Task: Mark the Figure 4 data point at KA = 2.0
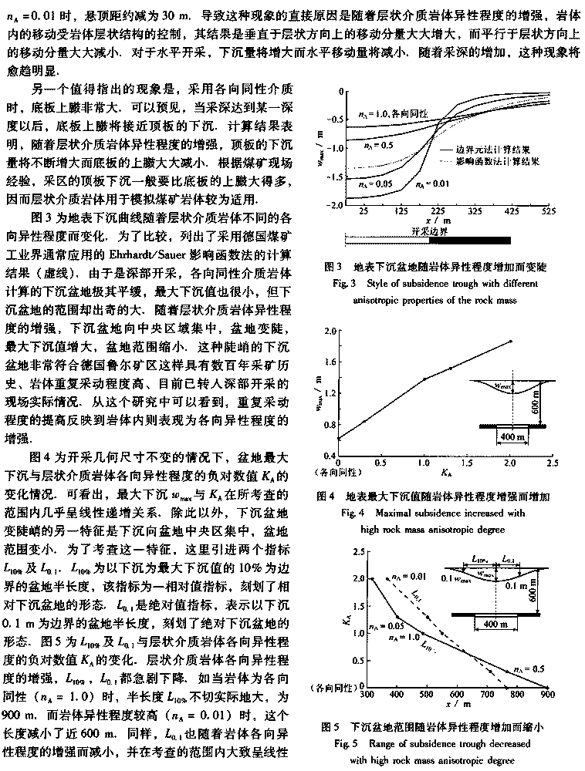tap(510, 342)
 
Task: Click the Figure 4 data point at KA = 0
tap(339, 438)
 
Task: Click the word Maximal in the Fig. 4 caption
tap(414, 512)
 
